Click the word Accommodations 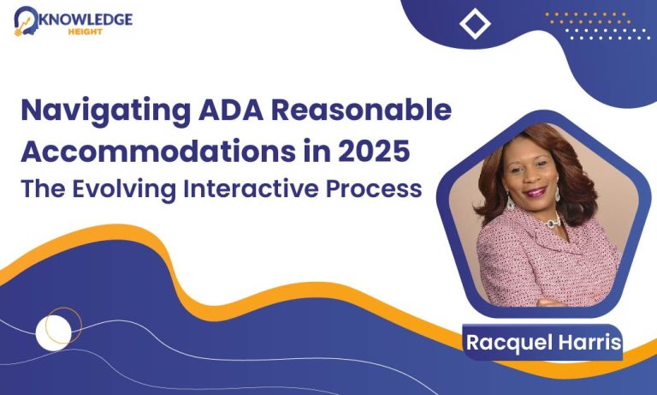pos(158,151)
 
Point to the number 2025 pos(374,151)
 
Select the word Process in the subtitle pos(374,189)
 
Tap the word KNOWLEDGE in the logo pos(86,20)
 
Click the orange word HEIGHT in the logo pos(86,32)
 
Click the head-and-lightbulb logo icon pos(25,21)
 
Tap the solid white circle pos(53,332)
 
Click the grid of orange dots pos(588,18)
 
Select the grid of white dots pos(607,34)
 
